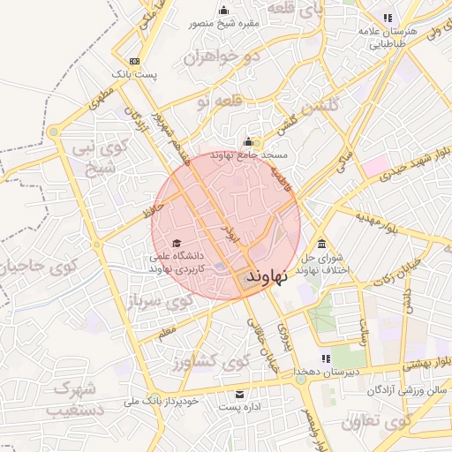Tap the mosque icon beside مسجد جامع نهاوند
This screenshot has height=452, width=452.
click(249, 141)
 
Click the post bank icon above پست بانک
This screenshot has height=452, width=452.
click(133, 61)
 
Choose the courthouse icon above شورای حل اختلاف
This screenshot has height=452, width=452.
click(320, 244)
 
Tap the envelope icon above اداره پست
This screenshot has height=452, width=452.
click(239, 393)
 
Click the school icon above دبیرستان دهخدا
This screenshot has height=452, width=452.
click(326, 358)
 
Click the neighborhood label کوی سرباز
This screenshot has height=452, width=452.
click(160, 303)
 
